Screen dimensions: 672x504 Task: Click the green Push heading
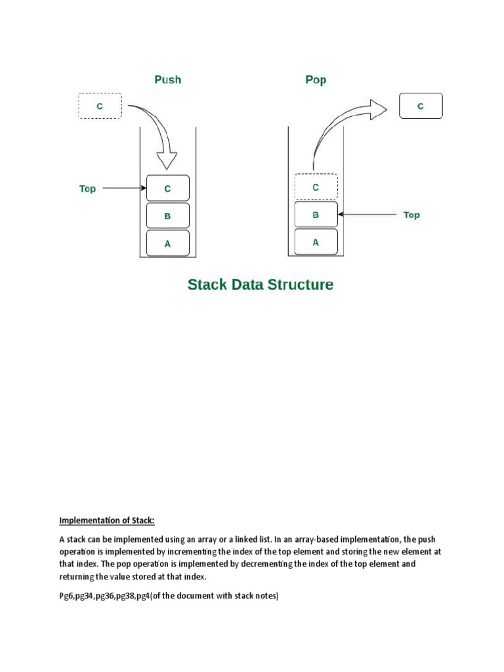pos(167,80)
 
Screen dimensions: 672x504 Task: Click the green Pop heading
pos(316,80)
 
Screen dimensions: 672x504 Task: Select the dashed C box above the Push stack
pos(100,106)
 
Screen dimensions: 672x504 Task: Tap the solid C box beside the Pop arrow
pos(421,106)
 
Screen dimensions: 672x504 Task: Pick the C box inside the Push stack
pos(167,188)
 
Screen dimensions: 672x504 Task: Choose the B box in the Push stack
pos(167,215)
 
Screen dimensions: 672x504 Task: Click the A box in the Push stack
pos(167,243)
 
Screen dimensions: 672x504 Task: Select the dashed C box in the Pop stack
pos(316,187)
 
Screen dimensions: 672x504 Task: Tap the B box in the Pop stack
pos(316,215)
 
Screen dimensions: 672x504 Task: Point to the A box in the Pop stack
pos(316,241)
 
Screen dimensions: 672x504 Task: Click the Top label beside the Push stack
pos(87,189)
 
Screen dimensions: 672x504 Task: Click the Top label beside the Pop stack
pos(411,215)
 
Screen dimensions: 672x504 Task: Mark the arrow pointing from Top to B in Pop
pos(367,215)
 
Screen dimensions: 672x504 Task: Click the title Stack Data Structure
pos(261,285)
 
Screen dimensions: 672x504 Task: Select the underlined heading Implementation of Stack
pos(107,521)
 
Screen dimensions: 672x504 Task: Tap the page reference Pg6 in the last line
pos(66,597)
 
